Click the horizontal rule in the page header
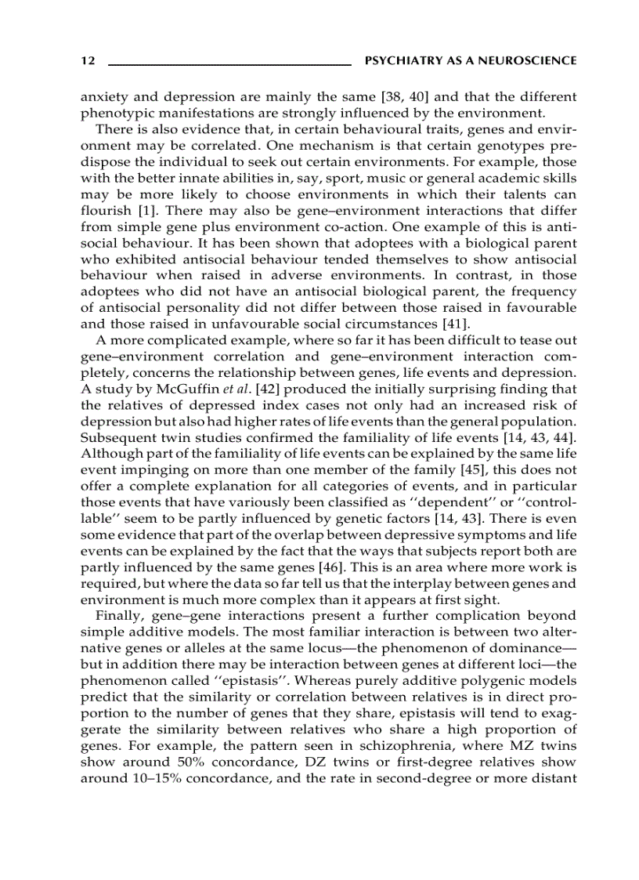(229, 63)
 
